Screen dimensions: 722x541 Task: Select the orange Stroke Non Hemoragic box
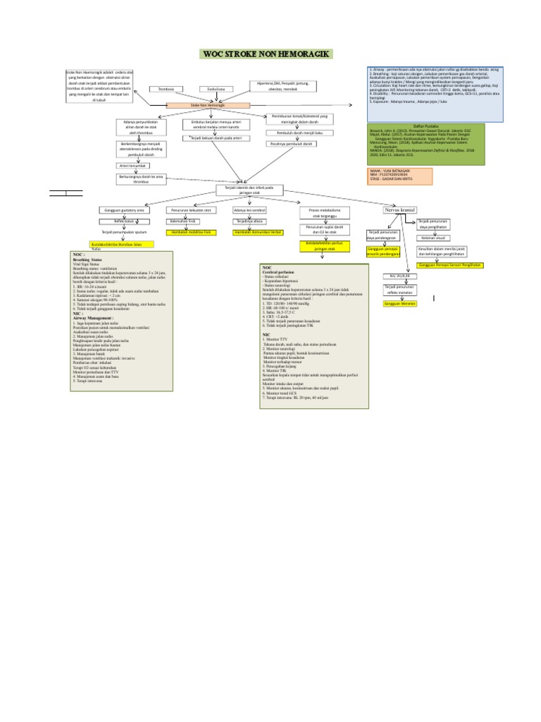point(208,105)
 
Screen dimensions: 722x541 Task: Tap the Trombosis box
point(166,89)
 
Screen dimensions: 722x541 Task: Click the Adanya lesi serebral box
point(249,210)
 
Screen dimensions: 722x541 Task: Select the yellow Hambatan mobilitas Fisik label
point(189,232)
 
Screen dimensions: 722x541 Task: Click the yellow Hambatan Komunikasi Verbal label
point(257,232)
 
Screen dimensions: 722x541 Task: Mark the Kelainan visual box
point(435,238)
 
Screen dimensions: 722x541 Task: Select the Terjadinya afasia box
point(249,221)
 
